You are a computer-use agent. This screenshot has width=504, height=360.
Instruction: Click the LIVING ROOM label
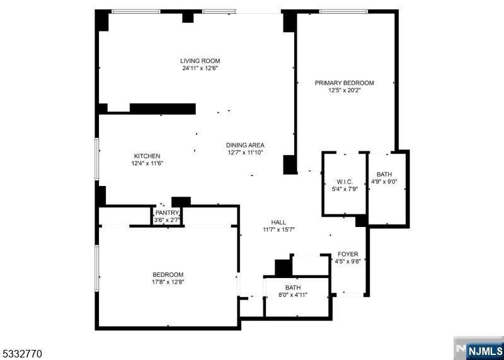(x=200, y=61)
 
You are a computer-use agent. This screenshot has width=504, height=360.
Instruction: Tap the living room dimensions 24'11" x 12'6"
(x=200, y=68)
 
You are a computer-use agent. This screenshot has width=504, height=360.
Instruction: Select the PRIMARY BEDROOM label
(x=344, y=83)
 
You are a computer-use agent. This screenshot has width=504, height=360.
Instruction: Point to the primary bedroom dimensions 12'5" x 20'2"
(x=344, y=90)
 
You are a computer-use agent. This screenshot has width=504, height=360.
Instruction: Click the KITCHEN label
(x=147, y=156)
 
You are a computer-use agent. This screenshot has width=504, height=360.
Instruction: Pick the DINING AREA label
(x=245, y=146)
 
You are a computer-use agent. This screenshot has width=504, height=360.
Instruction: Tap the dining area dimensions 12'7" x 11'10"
(x=245, y=153)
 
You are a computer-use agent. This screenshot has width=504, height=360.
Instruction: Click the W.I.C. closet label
(x=345, y=182)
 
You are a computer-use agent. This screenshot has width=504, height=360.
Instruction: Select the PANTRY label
(x=167, y=212)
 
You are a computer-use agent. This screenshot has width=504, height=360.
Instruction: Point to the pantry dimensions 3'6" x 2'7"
(x=167, y=220)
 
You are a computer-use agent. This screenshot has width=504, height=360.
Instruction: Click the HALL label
(x=278, y=223)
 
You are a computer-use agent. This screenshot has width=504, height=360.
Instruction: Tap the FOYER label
(x=348, y=254)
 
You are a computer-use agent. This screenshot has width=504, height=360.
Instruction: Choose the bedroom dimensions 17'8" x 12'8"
(x=168, y=282)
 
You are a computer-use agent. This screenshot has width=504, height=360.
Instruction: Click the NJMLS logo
(x=479, y=349)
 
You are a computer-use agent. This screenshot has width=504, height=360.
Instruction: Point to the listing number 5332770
(x=21, y=354)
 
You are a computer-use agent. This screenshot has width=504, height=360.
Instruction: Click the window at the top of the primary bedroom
(x=343, y=11)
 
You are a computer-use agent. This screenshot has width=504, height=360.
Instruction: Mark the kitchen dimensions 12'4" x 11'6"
(x=147, y=163)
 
